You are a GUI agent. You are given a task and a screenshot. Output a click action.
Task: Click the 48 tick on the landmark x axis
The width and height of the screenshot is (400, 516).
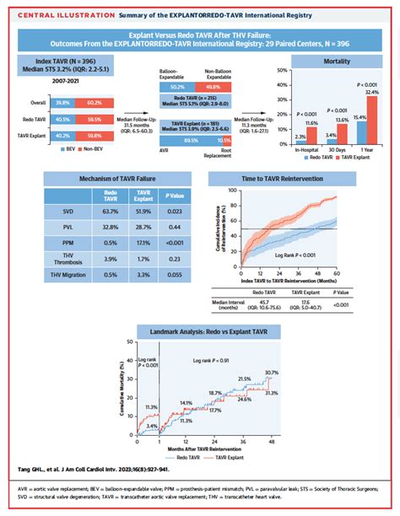[x=271, y=442]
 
